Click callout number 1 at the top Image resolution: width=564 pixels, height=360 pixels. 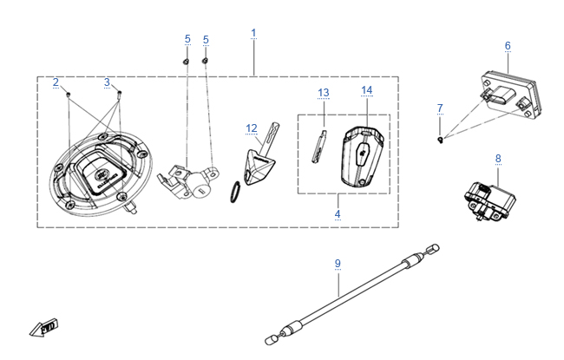pos(253,34)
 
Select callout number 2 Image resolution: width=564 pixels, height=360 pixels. pos(56,82)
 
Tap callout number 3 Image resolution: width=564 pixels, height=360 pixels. pos(107,82)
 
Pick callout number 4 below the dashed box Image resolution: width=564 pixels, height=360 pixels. pos(338,214)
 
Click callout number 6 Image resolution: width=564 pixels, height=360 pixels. pos(508,46)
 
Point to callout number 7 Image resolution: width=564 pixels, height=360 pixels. pos(440,108)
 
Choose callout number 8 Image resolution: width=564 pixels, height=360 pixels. pos(498,159)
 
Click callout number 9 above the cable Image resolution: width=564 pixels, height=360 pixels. pos(338,264)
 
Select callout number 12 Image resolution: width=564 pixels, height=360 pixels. pos(252,128)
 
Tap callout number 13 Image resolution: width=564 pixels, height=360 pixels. pos(324,93)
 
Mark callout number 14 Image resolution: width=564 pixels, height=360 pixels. pos(367,90)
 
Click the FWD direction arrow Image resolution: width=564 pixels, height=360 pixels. pos(43,327)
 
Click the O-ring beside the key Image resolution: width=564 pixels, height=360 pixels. pos(235,192)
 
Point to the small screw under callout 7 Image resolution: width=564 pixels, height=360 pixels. pos(440,140)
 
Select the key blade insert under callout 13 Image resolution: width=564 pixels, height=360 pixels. pos(319,147)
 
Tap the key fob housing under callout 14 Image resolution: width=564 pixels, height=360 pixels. pos(362,157)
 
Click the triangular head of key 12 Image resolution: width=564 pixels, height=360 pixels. pos(259,167)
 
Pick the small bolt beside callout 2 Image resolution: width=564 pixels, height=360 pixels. pos(69,95)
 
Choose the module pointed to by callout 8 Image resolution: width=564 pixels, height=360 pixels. pos(490,202)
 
